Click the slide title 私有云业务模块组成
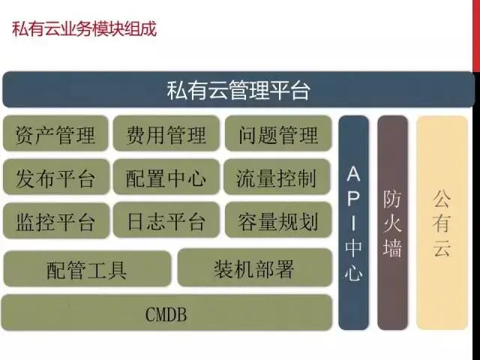tap(85, 29)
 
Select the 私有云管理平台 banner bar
tap(238, 89)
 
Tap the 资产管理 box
tap(55, 133)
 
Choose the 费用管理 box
tap(166, 133)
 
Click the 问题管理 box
tap(278, 133)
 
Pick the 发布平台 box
tap(56, 177)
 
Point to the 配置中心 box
tap(166, 177)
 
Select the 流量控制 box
tap(277, 177)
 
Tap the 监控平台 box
tap(56, 220)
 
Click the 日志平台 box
tap(166, 220)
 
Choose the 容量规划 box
tap(278, 220)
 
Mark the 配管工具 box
tap(87, 268)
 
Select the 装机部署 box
tap(255, 268)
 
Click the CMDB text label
tap(166, 314)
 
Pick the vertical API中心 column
tap(353, 223)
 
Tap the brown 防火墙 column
tap(392, 223)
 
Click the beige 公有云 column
tap(442, 223)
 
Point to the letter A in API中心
tap(353, 173)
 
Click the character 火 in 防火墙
tap(392, 223)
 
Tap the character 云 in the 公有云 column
tap(442, 247)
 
